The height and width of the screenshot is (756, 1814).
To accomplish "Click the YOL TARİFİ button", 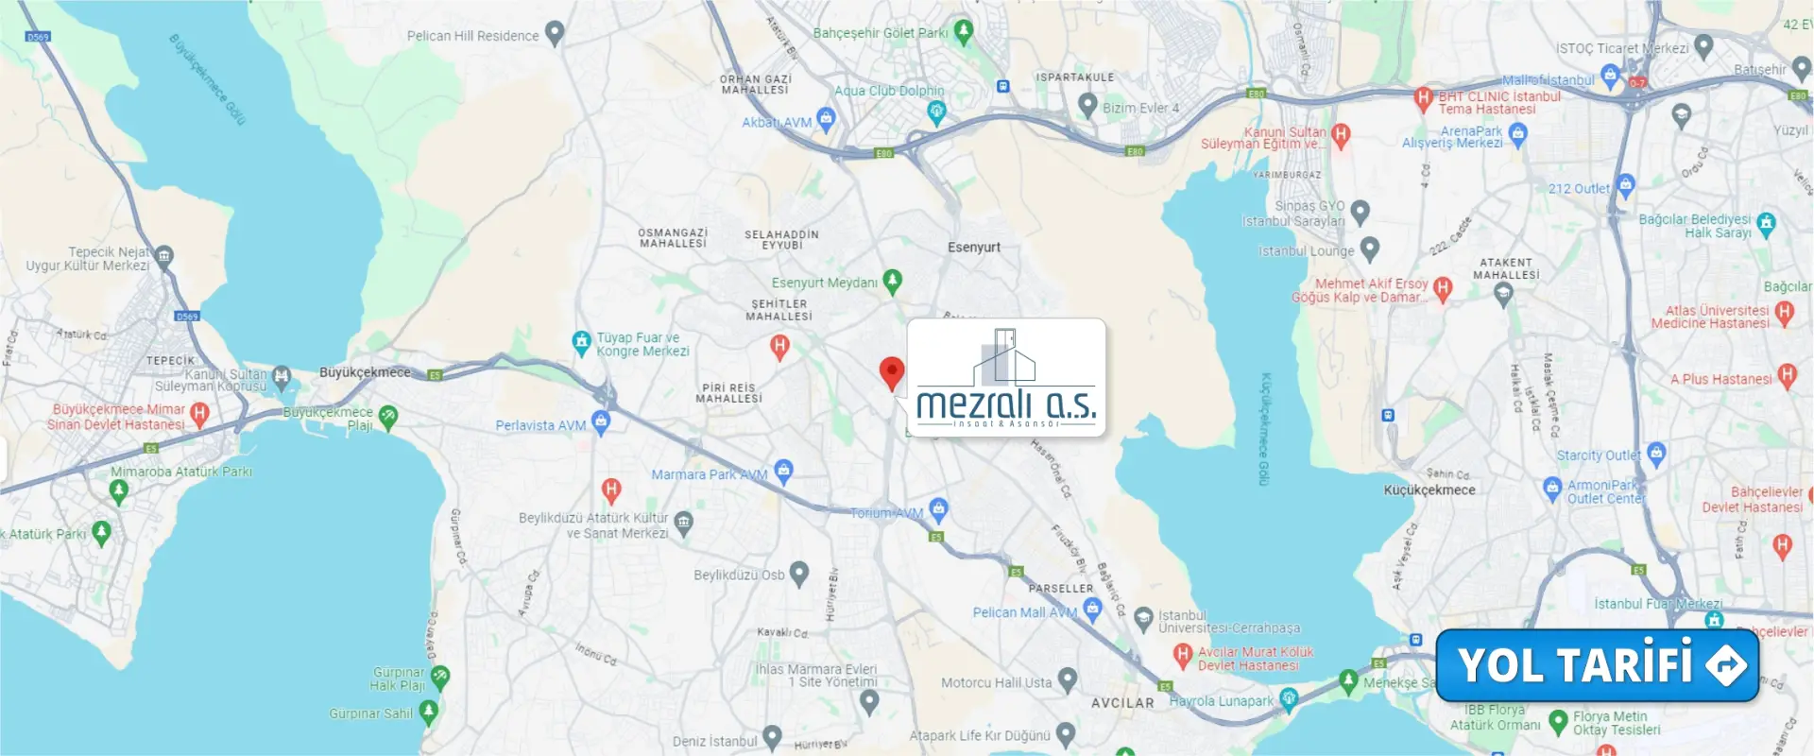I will click(x=1597, y=665).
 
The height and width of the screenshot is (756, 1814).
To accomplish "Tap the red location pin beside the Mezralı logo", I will click(x=891, y=372).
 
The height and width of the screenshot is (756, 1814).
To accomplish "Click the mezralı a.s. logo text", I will click(x=1006, y=404).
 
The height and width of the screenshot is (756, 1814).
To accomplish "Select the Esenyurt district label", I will click(x=973, y=248).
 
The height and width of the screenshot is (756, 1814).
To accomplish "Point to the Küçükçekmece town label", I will click(x=1429, y=490).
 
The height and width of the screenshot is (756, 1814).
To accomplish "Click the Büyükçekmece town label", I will click(x=365, y=372).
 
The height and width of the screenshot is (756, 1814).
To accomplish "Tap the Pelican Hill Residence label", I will click(x=472, y=36).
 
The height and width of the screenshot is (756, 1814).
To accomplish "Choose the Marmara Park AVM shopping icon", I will click(x=783, y=470).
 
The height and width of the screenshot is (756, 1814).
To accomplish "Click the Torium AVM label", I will click(x=886, y=513).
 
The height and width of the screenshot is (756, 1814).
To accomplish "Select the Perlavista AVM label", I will click(x=540, y=426).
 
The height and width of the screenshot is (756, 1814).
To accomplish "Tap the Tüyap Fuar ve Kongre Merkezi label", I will click(x=642, y=344).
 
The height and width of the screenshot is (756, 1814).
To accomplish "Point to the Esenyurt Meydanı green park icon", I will click(x=892, y=281).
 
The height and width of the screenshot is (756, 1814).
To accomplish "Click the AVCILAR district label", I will click(x=1122, y=703).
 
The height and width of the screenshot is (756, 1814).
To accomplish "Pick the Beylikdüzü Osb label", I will click(x=739, y=575).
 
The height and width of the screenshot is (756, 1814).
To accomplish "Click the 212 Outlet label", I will click(x=1578, y=189).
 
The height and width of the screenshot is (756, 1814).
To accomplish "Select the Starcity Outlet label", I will click(x=1599, y=455).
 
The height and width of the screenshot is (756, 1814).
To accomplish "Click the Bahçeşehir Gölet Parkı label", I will click(x=881, y=33).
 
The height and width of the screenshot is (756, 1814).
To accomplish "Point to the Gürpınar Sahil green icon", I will click(x=428, y=711).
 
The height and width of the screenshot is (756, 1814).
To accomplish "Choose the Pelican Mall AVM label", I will click(x=1025, y=612).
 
